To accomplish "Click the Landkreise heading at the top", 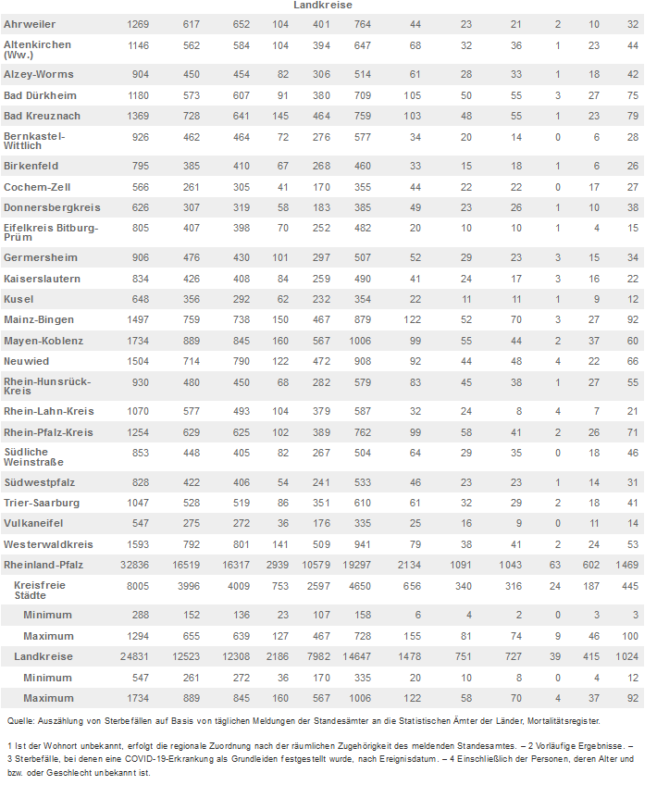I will pos(321,6).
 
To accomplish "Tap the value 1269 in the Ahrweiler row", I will pos(138,23).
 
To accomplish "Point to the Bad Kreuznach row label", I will pos(42,116).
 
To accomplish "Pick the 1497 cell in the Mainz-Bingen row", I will pos(138,319).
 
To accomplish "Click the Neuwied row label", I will pos(26,362).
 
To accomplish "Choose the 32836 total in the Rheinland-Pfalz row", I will pos(134,565).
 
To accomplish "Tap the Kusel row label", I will pos(19,299).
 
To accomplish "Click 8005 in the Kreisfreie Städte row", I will pos(138,586).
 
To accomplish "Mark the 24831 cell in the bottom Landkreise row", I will pos(134,656).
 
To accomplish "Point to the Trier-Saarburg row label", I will pos(42,503).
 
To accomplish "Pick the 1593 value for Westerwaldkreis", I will pos(138,544).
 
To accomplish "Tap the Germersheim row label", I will pos(41,257).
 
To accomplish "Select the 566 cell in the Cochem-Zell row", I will pos(141,186).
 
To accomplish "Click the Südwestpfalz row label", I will pos(40,482).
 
